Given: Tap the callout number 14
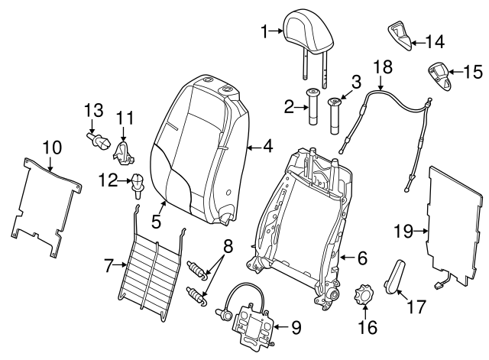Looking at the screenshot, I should (434, 41).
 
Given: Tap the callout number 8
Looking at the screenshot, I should (227, 245).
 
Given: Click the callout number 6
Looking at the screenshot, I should (362, 257).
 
